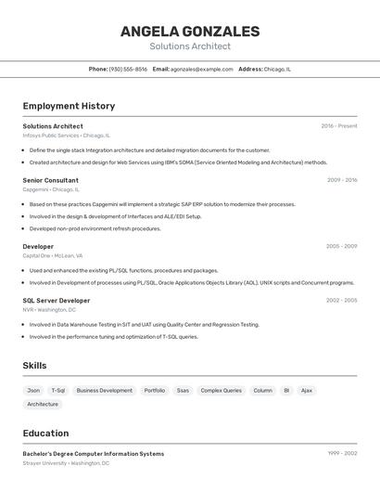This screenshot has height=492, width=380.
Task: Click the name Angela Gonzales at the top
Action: click(190, 32)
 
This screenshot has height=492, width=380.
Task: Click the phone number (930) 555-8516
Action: click(128, 69)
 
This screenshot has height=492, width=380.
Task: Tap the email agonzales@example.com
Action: click(201, 69)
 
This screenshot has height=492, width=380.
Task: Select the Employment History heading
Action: click(69, 106)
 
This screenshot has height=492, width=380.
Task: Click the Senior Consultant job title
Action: click(50, 180)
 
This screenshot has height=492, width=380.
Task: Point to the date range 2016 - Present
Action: click(339, 126)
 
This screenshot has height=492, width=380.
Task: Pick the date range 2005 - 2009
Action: click(341, 246)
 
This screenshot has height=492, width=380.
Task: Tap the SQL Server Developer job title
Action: click(57, 301)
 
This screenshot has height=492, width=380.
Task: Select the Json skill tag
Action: click(33, 391)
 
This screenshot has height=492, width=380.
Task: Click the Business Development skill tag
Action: click(104, 391)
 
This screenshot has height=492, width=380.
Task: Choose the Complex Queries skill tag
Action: click(221, 391)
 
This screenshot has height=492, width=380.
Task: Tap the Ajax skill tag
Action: click(307, 391)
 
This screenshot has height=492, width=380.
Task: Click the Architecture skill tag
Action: click(43, 405)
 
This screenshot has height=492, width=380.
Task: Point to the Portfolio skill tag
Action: click(155, 391)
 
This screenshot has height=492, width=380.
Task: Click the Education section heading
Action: click(45, 434)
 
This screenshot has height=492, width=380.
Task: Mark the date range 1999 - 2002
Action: click(342, 453)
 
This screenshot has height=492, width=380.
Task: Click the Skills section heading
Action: click(34, 366)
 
